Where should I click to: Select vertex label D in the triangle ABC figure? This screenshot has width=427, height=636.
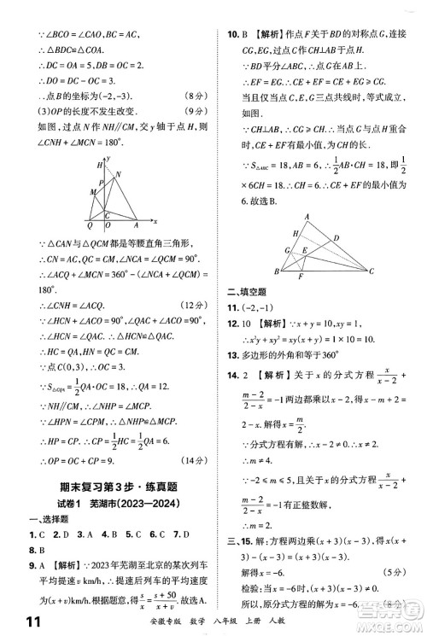click(336, 238)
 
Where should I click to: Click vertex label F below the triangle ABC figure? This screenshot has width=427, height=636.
click(300, 276)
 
